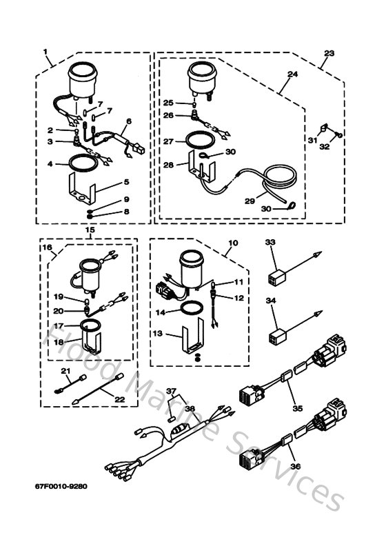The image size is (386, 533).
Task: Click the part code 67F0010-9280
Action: tap(61, 485)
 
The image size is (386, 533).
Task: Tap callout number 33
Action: tap(270, 243)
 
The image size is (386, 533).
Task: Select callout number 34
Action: tap(270, 301)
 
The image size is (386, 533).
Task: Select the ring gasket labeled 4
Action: tap(80, 165)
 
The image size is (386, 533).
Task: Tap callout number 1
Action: tap(45, 52)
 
